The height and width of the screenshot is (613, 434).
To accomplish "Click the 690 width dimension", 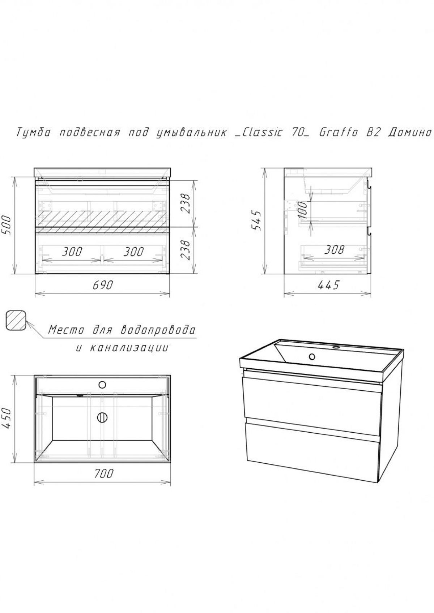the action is (x=103, y=285).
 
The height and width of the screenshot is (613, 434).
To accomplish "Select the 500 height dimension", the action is (x=6, y=225).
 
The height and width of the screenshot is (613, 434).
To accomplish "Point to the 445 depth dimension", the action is (x=328, y=285).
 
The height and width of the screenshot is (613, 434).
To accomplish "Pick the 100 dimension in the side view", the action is (x=303, y=210).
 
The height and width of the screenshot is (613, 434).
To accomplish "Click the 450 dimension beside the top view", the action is (x=6, y=419).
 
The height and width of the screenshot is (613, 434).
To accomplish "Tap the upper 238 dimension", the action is (x=185, y=203).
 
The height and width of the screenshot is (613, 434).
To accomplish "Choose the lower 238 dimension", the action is (x=185, y=250).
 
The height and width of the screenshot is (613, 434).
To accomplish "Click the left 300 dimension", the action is (x=72, y=252).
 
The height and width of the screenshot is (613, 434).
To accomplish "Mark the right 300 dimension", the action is (x=133, y=252).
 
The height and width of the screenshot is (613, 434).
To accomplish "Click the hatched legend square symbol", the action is (x=16, y=321).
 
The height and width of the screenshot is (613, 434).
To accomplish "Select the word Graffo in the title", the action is (x=339, y=133).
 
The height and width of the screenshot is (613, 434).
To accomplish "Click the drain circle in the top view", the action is (x=102, y=417).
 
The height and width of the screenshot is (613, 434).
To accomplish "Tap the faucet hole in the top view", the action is (x=102, y=385).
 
